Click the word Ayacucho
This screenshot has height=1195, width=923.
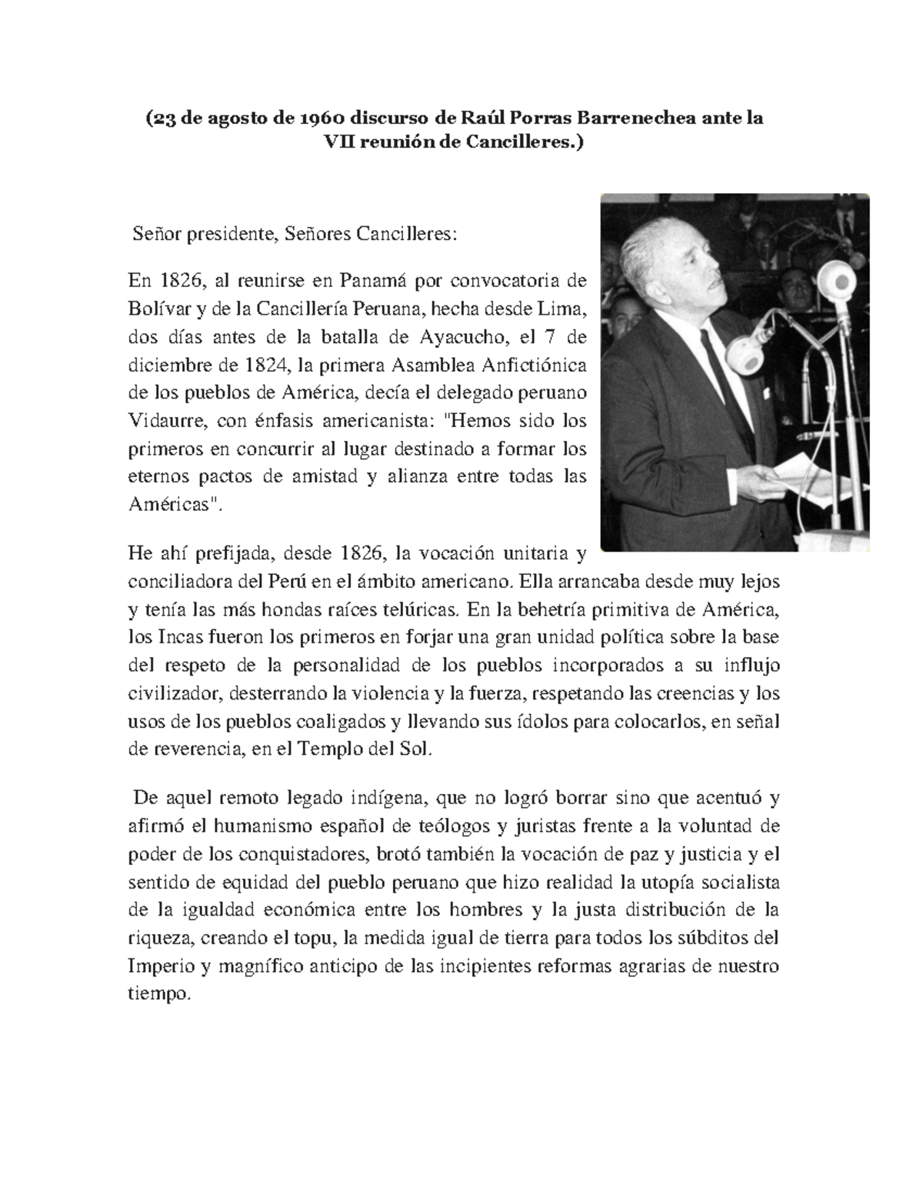[x=458, y=336]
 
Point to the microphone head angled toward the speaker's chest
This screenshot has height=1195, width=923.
[x=750, y=351]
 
